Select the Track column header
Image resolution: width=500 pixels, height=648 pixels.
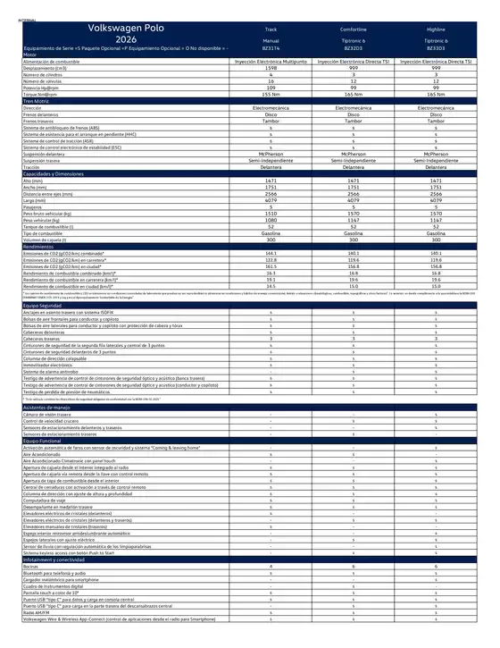tap(271, 29)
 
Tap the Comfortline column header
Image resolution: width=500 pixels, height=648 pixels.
tap(354, 29)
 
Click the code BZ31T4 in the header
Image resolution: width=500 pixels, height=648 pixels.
tap(271, 47)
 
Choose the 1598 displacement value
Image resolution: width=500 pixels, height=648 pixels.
tap(271, 68)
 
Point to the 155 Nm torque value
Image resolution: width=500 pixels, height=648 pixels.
tap(271, 93)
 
